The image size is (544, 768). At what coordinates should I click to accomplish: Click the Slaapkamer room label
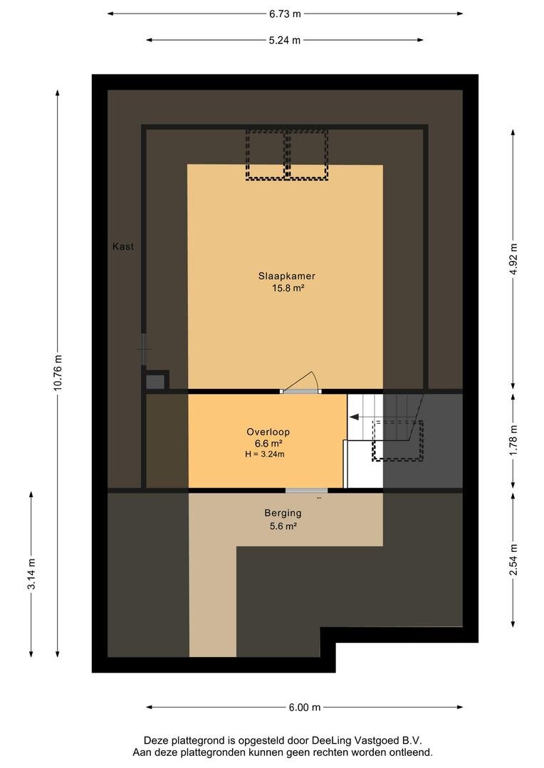(x=286, y=276)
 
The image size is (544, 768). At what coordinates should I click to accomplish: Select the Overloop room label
(x=268, y=432)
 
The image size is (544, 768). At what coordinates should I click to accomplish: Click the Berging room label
(x=283, y=513)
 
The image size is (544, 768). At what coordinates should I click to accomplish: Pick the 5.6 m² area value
(x=283, y=526)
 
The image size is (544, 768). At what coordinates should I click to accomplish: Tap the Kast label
(x=122, y=247)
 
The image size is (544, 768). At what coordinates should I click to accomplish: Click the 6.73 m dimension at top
(x=285, y=14)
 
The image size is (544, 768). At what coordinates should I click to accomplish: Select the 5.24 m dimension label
(x=285, y=40)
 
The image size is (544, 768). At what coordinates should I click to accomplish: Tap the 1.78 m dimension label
(x=513, y=440)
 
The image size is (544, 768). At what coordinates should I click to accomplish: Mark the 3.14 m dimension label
(x=31, y=575)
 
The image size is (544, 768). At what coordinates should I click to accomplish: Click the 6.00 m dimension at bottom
(x=305, y=707)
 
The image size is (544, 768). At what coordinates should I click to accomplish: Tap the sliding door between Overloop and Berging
(x=307, y=490)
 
